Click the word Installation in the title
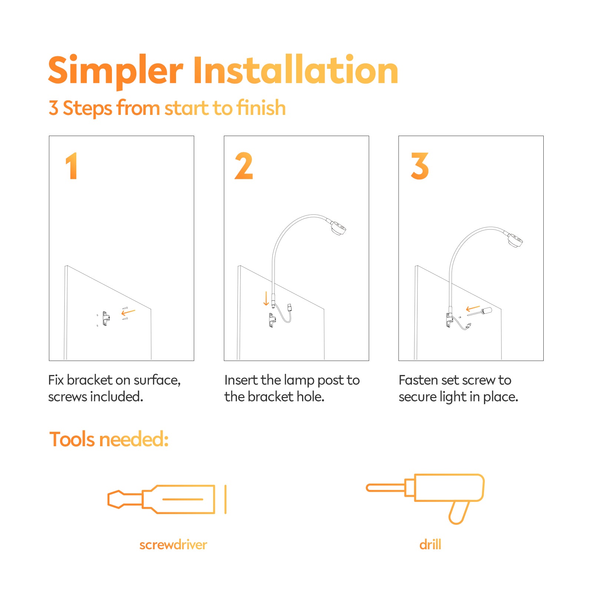coord(296,70)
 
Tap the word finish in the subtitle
coord(261,108)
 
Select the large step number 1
coord(71,166)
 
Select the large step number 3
coord(420,166)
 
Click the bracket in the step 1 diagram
coord(106,318)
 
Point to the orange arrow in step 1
coord(128,312)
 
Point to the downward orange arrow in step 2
coord(266,298)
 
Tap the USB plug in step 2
coord(289,307)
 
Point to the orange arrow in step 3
coord(473,308)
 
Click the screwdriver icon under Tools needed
coord(167,499)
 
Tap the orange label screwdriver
coord(173,545)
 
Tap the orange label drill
coord(430,544)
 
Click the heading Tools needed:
coord(109,440)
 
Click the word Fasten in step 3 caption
coord(419,380)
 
